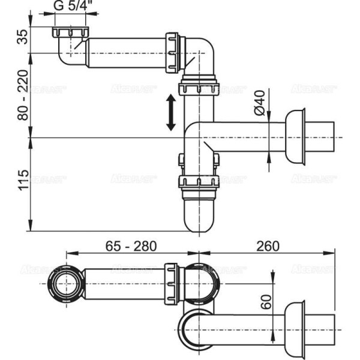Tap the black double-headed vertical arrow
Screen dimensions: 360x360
coord(171,112)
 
